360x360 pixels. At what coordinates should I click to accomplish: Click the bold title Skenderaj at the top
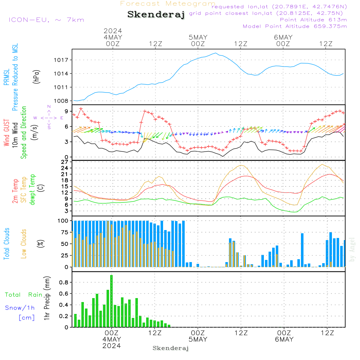(156, 15)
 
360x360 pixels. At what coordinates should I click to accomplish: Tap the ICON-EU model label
(46, 20)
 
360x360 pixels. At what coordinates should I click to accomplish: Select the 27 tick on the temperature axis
(65, 162)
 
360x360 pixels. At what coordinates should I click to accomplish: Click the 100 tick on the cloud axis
(63, 221)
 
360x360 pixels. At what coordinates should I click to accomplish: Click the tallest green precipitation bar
(112, 301)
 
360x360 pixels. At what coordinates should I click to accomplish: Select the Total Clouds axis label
(7, 244)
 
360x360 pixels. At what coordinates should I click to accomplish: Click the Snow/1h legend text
(20, 308)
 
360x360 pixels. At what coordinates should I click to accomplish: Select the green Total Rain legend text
(23, 295)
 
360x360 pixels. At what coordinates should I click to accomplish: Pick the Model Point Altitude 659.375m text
(295, 26)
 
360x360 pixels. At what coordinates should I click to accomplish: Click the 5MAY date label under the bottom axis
(198, 339)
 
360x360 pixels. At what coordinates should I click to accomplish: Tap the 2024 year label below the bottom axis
(112, 346)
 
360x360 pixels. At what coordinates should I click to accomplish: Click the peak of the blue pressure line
(216, 53)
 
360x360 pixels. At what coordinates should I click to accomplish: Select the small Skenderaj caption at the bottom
(171, 348)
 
